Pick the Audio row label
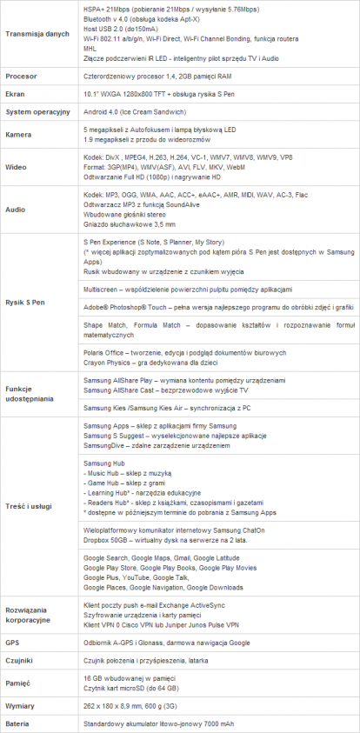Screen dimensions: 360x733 coord(17,210)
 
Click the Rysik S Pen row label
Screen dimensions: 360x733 coord(26,302)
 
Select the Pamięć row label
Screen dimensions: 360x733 coord(20,683)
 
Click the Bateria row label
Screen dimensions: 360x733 coord(20,724)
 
